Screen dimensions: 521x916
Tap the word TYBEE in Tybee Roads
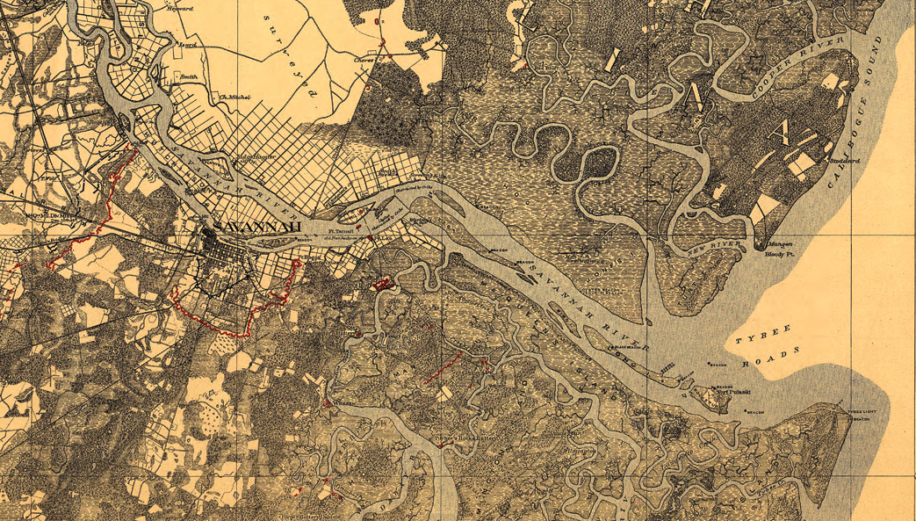pos(751,335)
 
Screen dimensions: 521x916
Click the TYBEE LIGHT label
pos(856,412)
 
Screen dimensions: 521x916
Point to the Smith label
pos(187,76)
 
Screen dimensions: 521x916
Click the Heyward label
pos(179,7)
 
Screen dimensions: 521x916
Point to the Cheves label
pos(364,60)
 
